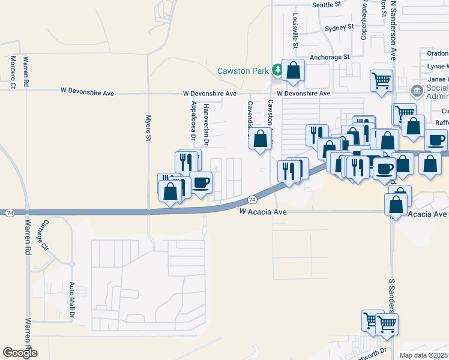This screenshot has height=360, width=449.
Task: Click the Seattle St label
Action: [x=327, y=4]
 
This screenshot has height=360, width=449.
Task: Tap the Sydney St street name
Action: [x=340, y=28]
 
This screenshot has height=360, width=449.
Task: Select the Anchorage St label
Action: [x=330, y=58]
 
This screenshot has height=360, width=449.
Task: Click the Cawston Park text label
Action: [x=243, y=71]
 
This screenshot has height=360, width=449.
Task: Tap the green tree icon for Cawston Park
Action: [x=277, y=70]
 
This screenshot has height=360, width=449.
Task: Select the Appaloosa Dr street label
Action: [x=193, y=120]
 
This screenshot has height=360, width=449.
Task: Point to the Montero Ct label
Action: [x=13, y=72]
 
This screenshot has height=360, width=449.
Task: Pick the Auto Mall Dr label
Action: [x=71, y=300]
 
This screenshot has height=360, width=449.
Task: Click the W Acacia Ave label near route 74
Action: [x=260, y=212]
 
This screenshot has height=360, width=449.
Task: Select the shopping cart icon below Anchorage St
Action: [x=382, y=80]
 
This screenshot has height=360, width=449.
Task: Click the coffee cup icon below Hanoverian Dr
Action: [x=201, y=182]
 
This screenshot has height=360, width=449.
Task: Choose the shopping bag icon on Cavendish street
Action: [x=260, y=139]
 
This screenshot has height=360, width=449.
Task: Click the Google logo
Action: [x=20, y=353]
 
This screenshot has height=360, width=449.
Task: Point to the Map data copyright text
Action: [x=424, y=355]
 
